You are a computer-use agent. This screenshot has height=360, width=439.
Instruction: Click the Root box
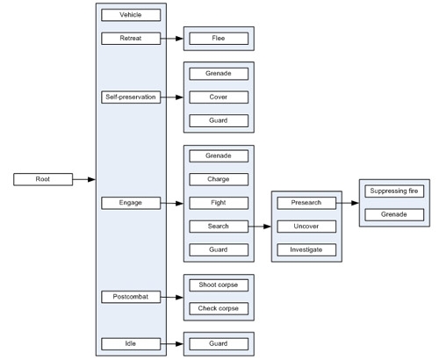tap(42, 179)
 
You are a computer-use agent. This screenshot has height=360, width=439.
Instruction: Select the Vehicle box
tap(131, 15)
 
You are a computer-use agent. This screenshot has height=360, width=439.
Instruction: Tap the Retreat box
tap(131, 39)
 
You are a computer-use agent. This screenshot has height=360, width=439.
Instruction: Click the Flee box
tap(219, 39)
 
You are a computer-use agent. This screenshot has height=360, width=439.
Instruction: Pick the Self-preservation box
tap(131, 97)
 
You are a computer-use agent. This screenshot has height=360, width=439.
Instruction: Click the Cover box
tap(219, 97)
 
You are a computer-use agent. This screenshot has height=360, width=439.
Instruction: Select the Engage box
tap(131, 203)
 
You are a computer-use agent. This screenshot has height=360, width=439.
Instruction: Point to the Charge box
tap(219, 179)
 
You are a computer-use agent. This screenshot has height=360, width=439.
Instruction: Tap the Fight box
tap(219, 203)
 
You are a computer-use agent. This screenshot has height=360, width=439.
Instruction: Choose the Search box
tap(219, 227)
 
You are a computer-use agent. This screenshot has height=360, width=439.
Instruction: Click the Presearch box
tap(306, 203)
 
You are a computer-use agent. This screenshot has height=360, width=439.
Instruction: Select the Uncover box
tap(306, 227)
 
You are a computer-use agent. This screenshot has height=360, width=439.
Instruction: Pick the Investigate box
tap(306, 250)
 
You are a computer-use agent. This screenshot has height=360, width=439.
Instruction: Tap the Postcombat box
tap(131, 297)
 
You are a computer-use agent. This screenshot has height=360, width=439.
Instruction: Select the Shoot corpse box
tap(219, 285)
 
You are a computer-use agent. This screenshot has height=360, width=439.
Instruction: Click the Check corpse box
tap(219, 308)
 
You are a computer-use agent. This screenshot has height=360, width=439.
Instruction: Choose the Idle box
tap(131, 343)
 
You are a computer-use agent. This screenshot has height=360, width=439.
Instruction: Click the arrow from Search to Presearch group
tap(259, 227)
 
